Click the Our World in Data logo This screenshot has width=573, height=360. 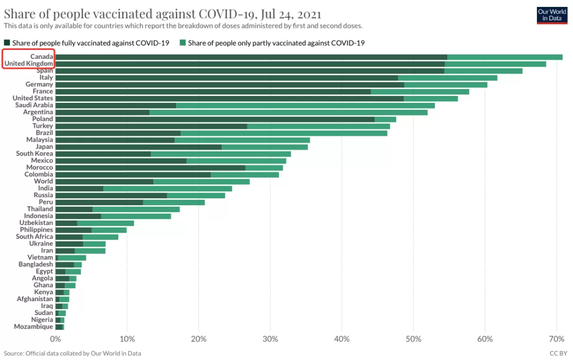click(x=552, y=15)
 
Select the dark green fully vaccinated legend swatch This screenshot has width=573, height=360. click(x=7, y=43)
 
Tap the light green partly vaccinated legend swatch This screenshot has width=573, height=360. click(x=183, y=43)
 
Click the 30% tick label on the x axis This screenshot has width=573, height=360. click(x=270, y=339)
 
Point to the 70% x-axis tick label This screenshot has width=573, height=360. click(x=556, y=339)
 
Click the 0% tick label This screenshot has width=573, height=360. click(x=56, y=339)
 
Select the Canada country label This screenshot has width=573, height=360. click(x=42, y=57)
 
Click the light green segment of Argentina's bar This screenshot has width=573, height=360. click(x=288, y=112)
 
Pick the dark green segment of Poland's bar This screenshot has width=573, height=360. click(x=215, y=119)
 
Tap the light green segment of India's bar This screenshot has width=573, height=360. click(x=168, y=189)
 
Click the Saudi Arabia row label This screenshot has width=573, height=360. click(x=34, y=105)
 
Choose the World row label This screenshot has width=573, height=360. click(x=44, y=181)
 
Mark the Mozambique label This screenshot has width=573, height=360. click(x=33, y=327)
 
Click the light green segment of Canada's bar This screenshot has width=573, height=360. click(x=505, y=57)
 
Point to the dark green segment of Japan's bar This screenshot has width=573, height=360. click(x=138, y=147)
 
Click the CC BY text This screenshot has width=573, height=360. click(x=558, y=354)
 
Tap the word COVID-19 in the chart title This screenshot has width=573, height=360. click(x=227, y=14)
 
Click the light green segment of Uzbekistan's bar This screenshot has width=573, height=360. click(x=106, y=223)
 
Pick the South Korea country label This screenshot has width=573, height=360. click(x=34, y=154)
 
